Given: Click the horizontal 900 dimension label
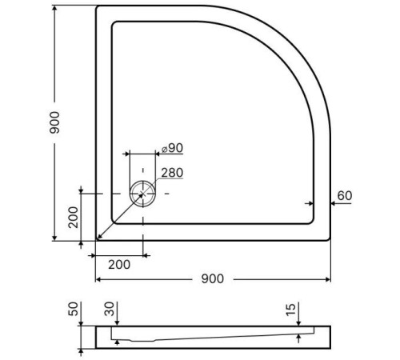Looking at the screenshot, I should pos(212,278).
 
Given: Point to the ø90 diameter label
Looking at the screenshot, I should pos(172,148).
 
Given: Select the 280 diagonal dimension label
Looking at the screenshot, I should pos(171,173).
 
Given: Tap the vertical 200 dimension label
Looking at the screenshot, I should pos(73,216).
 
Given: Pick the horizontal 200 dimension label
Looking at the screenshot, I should pos(120,264).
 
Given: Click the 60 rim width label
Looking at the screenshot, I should pos(345,195).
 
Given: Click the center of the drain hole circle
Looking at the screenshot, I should pos(142,194).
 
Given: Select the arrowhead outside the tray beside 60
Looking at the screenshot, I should pos(334,203).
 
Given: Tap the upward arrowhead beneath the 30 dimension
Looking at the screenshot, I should pos(118,342).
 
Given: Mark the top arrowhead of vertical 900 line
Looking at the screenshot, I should pos(55,9).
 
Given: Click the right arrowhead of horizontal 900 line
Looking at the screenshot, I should pos(329,279).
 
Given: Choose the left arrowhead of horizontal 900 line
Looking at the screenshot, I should pos(98,279).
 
